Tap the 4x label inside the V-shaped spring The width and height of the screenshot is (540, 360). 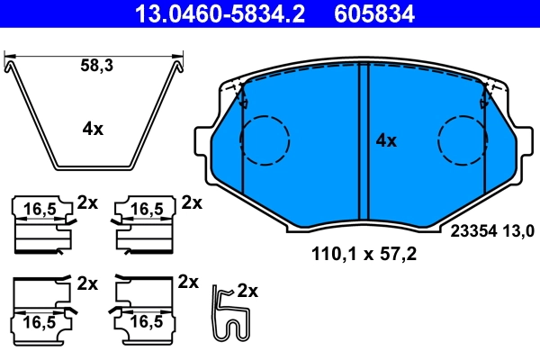(x=92, y=129)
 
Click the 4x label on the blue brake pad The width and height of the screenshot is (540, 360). (x=385, y=140)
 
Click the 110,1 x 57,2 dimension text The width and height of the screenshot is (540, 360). (x=364, y=255)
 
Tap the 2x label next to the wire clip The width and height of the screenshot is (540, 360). (x=247, y=291)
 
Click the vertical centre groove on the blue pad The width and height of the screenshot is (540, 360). (x=361, y=144)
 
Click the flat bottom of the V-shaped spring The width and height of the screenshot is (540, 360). (x=92, y=167)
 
